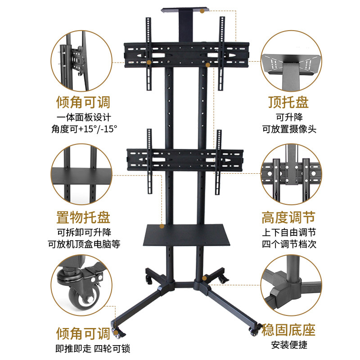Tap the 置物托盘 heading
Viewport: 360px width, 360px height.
[83, 219]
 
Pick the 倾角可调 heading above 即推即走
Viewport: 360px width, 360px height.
[83, 333]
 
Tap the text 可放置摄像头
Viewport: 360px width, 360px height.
[289, 129]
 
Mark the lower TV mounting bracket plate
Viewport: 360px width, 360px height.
[185, 160]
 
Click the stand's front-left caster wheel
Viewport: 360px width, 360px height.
[120, 333]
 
